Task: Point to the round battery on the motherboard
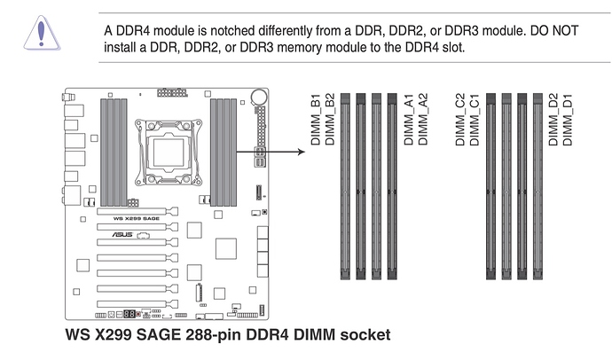coord(260,96)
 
